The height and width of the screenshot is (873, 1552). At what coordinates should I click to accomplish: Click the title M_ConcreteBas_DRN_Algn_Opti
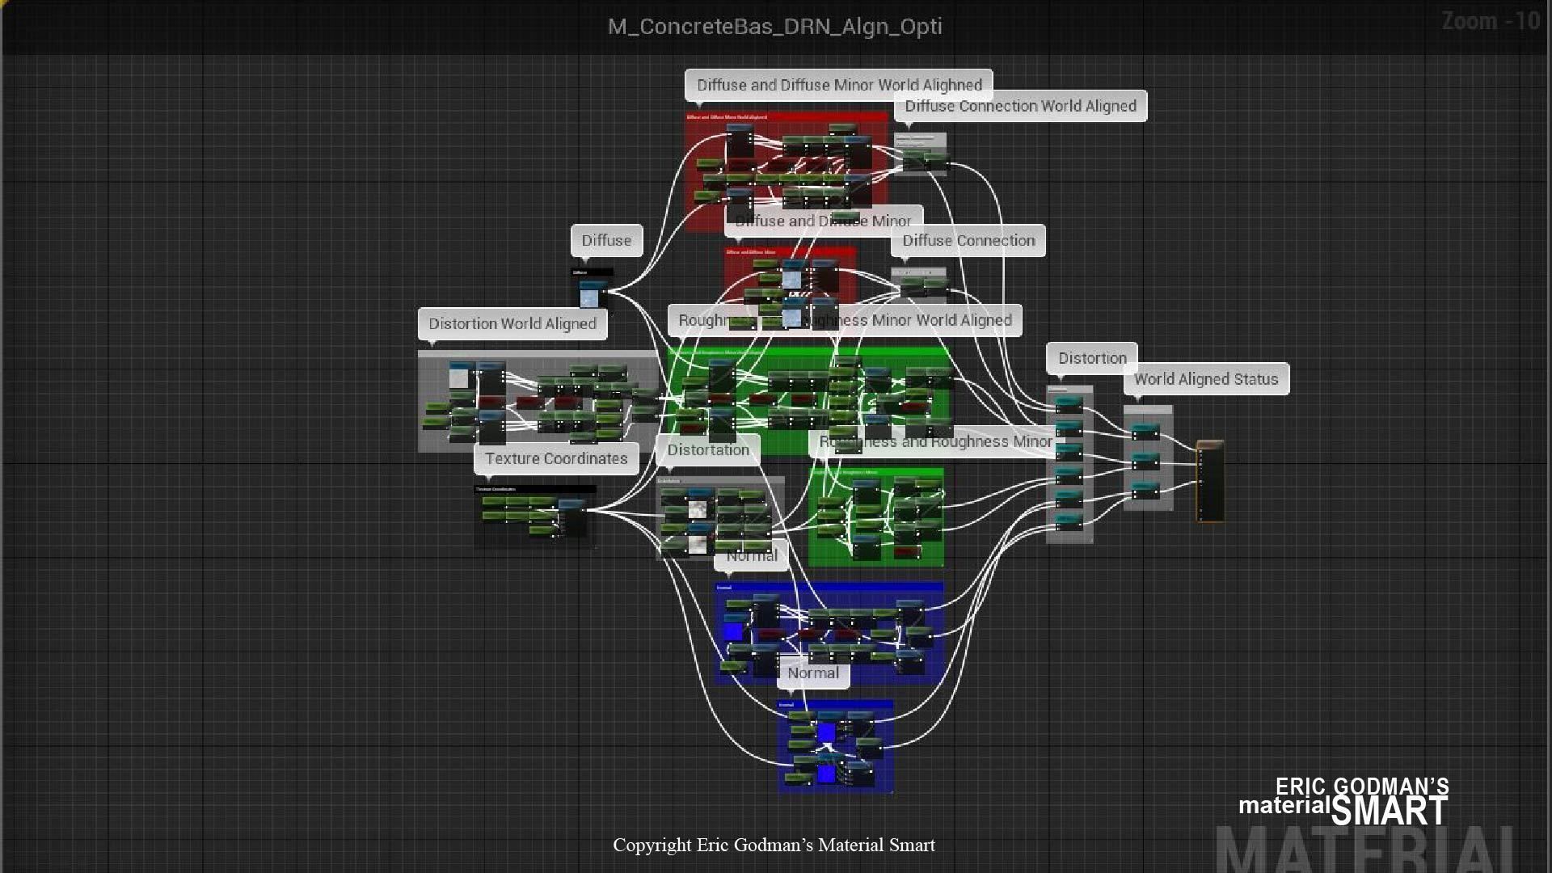pyautogui.click(x=774, y=26)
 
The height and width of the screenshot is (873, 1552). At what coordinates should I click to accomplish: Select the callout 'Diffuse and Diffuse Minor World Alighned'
pyautogui.click(x=838, y=85)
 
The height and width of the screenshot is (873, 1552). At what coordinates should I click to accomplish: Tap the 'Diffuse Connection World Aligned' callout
pyautogui.click(x=1020, y=106)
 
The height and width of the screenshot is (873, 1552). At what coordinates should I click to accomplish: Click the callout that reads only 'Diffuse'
pyautogui.click(x=606, y=240)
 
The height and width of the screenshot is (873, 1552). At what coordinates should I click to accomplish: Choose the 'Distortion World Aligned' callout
pyautogui.click(x=512, y=323)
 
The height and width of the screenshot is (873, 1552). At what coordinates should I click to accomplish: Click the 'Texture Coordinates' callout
pyautogui.click(x=556, y=458)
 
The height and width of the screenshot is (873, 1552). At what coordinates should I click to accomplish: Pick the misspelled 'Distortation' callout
pyautogui.click(x=708, y=449)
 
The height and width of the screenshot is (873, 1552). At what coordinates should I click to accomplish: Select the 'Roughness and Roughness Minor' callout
pyautogui.click(x=935, y=441)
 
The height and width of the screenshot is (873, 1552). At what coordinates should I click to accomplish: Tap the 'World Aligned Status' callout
pyautogui.click(x=1205, y=379)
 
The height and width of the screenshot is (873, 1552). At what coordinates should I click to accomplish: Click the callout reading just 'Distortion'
pyautogui.click(x=1092, y=358)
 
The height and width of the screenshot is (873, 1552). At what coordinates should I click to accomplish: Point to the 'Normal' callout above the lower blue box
pyautogui.click(x=813, y=673)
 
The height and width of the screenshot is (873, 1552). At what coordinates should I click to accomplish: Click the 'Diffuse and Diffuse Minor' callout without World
pyautogui.click(x=823, y=221)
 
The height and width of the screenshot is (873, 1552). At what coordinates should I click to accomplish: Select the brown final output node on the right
pyautogui.click(x=1209, y=481)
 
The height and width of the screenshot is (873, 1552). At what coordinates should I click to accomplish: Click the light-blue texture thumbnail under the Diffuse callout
pyautogui.click(x=589, y=297)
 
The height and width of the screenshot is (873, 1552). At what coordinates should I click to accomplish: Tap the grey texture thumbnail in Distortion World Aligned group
pyautogui.click(x=459, y=377)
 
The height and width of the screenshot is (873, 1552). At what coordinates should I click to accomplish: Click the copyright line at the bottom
pyautogui.click(x=774, y=845)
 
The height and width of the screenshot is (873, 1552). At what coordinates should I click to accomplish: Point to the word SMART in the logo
pyautogui.click(x=1390, y=811)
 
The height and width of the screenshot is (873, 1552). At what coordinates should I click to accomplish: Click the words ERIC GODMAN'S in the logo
pyautogui.click(x=1362, y=787)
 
